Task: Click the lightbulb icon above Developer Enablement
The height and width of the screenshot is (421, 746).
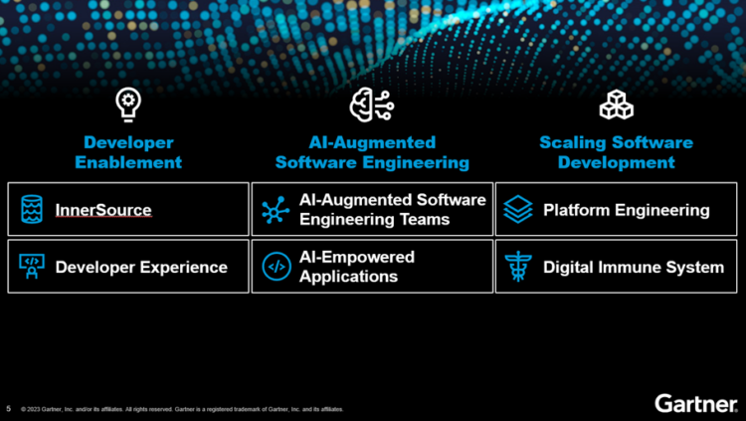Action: pyautogui.click(x=128, y=103)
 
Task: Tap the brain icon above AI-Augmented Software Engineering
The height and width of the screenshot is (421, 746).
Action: pyautogui.click(x=371, y=104)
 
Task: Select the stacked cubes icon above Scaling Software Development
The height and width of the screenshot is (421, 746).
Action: pyautogui.click(x=617, y=104)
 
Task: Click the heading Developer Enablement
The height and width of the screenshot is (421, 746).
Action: pyautogui.click(x=128, y=152)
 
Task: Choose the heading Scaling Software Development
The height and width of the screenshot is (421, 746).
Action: pyautogui.click(x=617, y=152)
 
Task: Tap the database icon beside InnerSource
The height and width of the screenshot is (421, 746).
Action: pyautogui.click(x=32, y=210)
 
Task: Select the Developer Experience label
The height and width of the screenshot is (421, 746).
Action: pyautogui.click(x=141, y=267)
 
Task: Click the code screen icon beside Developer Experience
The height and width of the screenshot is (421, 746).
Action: pyautogui.click(x=32, y=267)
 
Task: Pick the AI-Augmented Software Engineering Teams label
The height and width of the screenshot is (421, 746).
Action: pyautogui.click(x=393, y=210)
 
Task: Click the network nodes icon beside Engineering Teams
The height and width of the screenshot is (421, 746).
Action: pyautogui.click(x=276, y=210)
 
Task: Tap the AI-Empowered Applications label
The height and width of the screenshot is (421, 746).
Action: pyautogui.click(x=357, y=267)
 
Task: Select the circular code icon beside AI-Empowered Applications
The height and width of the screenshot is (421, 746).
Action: pyautogui.click(x=276, y=267)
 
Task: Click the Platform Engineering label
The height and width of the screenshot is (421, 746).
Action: pyautogui.click(x=626, y=210)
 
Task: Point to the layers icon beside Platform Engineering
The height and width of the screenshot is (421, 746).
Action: pyautogui.click(x=518, y=210)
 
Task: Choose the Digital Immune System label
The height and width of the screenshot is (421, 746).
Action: pyautogui.click(x=633, y=267)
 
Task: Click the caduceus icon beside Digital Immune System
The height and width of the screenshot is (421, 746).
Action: pyautogui.click(x=518, y=267)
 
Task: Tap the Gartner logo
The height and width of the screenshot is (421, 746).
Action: pyautogui.click(x=695, y=402)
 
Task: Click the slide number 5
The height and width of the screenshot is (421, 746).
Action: pyautogui.click(x=9, y=408)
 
